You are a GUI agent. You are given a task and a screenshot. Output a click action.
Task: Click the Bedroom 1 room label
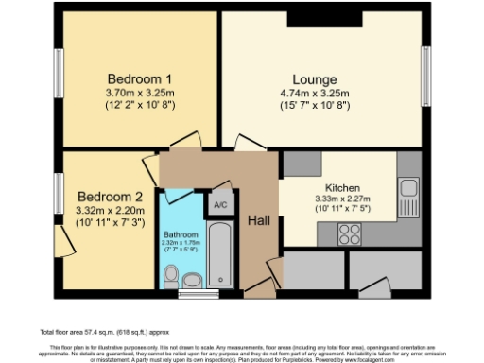[x=138, y=78]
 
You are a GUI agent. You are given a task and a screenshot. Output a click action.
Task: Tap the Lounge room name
[x=315, y=78]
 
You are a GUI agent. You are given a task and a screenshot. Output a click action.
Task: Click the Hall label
[x=259, y=220]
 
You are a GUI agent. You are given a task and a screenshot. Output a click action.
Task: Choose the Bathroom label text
[x=181, y=233]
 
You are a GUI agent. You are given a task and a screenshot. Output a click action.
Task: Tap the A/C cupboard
[x=220, y=205]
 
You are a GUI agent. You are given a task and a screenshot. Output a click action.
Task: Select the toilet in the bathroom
[x=171, y=275]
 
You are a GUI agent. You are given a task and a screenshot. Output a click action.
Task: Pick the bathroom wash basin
[x=194, y=279]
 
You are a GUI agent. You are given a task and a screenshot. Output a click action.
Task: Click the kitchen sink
[x=409, y=194]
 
